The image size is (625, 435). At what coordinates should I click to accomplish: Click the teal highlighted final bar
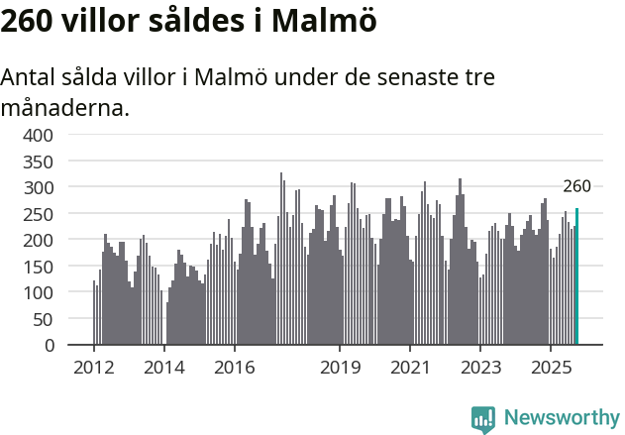(x=576, y=276)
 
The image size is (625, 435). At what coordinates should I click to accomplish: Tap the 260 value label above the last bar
(x=576, y=186)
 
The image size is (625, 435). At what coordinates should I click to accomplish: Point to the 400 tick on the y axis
(x=39, y=135)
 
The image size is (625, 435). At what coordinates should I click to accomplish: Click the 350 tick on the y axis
(x=39, y=162)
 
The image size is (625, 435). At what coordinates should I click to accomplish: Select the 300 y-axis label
(x=39, y=187)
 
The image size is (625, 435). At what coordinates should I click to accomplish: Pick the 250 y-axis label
(x=39, y=214)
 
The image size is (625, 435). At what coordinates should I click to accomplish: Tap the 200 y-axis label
(x=39, y=240)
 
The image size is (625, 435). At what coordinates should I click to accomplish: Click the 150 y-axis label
(x=39, y=267)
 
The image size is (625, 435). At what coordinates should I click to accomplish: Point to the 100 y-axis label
(x=39, y=292)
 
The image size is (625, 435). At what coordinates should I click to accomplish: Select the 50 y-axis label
(x=44, y=319)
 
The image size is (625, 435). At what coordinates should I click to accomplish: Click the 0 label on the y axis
(x=49, y=346)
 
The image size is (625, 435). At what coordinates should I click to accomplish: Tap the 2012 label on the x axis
(x=94, y=368)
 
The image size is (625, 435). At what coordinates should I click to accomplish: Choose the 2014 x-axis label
(x=164, y=368)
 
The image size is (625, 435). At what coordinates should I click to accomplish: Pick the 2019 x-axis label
(x=340, y=368)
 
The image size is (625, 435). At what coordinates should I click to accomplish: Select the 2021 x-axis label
(x=410, y=368)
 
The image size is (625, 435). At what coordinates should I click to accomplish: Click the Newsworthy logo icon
(x=483, y=419)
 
